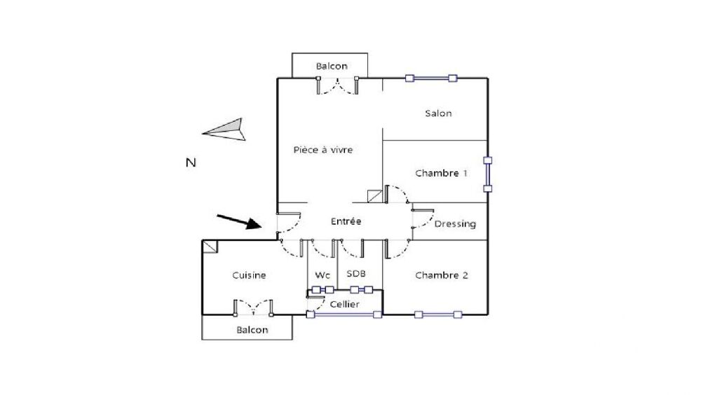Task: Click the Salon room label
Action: coord(438,113)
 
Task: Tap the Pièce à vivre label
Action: coord(322,150)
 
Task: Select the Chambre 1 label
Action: coord(441,173)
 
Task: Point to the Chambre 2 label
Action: coord(441,275)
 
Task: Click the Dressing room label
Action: coord(455,224)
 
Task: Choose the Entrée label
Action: coord(346,221)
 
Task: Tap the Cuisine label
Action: coord(249,275)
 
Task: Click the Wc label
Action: coord(322,275)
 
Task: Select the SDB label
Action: coord(356,273)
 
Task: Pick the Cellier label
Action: coord(344,304)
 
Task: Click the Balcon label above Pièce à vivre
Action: coord(332,66)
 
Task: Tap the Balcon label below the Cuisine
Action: coord(252,330)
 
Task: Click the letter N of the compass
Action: coord(191,162)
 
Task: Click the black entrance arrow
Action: coord(239,222)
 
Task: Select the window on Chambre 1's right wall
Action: coord(488,174)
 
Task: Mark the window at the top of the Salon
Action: coord(431,78)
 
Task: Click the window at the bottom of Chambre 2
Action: coord(438,314)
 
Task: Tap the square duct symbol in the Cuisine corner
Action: coord(210,247)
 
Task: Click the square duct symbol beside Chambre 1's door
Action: coord(374,196)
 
